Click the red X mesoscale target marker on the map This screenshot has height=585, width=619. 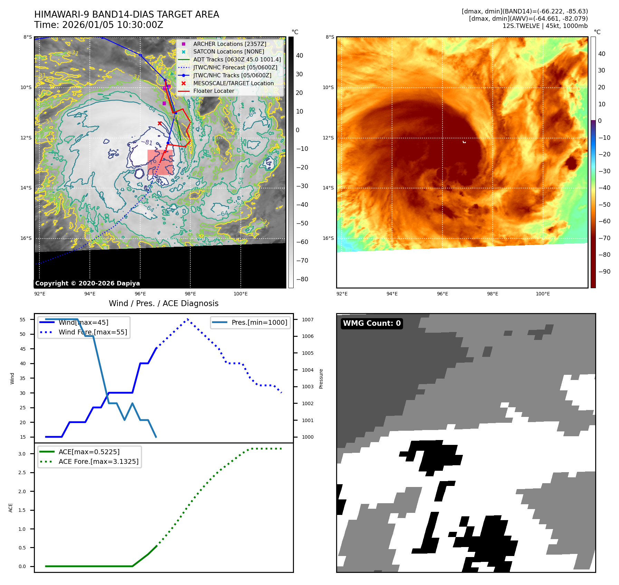(x=160, y=123)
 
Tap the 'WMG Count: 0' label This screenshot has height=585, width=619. (x=372, y=323)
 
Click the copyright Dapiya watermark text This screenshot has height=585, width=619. (x=87, y=283)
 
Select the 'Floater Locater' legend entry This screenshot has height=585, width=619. (x=213, y=91)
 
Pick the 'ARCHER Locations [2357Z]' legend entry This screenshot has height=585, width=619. (x=230, y=44)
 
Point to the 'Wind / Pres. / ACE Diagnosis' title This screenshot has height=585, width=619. (x=164, y=303)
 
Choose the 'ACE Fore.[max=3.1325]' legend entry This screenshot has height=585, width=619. (x=98, y=461)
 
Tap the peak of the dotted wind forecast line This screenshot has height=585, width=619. (x=188, y=319)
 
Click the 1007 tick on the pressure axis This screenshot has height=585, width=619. (x=307, y=320)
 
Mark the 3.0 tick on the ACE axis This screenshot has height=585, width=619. (x=22, y=454)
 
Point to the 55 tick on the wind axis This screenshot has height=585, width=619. (x=23, y=320)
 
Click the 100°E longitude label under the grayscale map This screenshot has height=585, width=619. (x=240, y=294)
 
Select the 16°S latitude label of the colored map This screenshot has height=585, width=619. (x=328, y=238)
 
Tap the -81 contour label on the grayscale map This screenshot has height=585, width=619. (x=146, y=142)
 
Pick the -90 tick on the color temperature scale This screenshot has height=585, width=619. (x=604, y=272)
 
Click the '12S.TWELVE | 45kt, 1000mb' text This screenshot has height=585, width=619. (x=545, y=26)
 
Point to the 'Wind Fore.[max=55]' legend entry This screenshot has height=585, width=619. (x=93, y=332)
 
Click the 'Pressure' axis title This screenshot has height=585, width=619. (x=321, y=379)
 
